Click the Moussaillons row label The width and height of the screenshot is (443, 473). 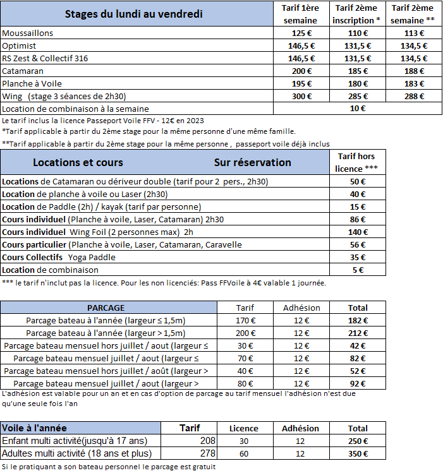[37, 33]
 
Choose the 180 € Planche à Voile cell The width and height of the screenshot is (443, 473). [358, 83]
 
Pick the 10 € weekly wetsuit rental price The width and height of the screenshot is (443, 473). [358, 108]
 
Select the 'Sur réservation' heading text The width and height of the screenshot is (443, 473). [252, 162]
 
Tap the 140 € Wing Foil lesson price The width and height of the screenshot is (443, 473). [358, 232]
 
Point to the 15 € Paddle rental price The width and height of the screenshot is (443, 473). [358, 207]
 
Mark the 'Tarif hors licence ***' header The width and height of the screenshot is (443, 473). [358, 162]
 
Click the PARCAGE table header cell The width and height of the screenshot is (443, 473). [106, 308]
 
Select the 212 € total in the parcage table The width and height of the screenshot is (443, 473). [358, 333]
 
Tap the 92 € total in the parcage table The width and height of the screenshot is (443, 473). [358, 383]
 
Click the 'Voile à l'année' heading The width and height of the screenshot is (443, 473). [34, 428]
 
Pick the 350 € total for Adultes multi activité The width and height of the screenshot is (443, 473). [358, 453]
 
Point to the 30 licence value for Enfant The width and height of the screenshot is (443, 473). [243, 441]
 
